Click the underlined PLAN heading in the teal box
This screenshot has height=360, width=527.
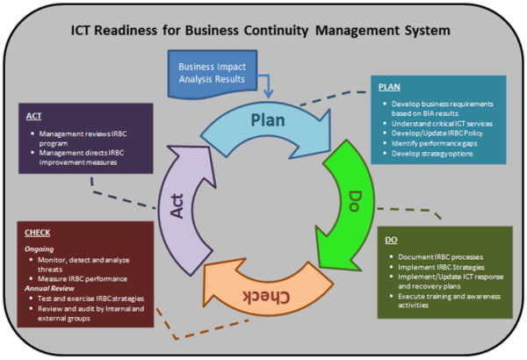pos(390,88)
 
